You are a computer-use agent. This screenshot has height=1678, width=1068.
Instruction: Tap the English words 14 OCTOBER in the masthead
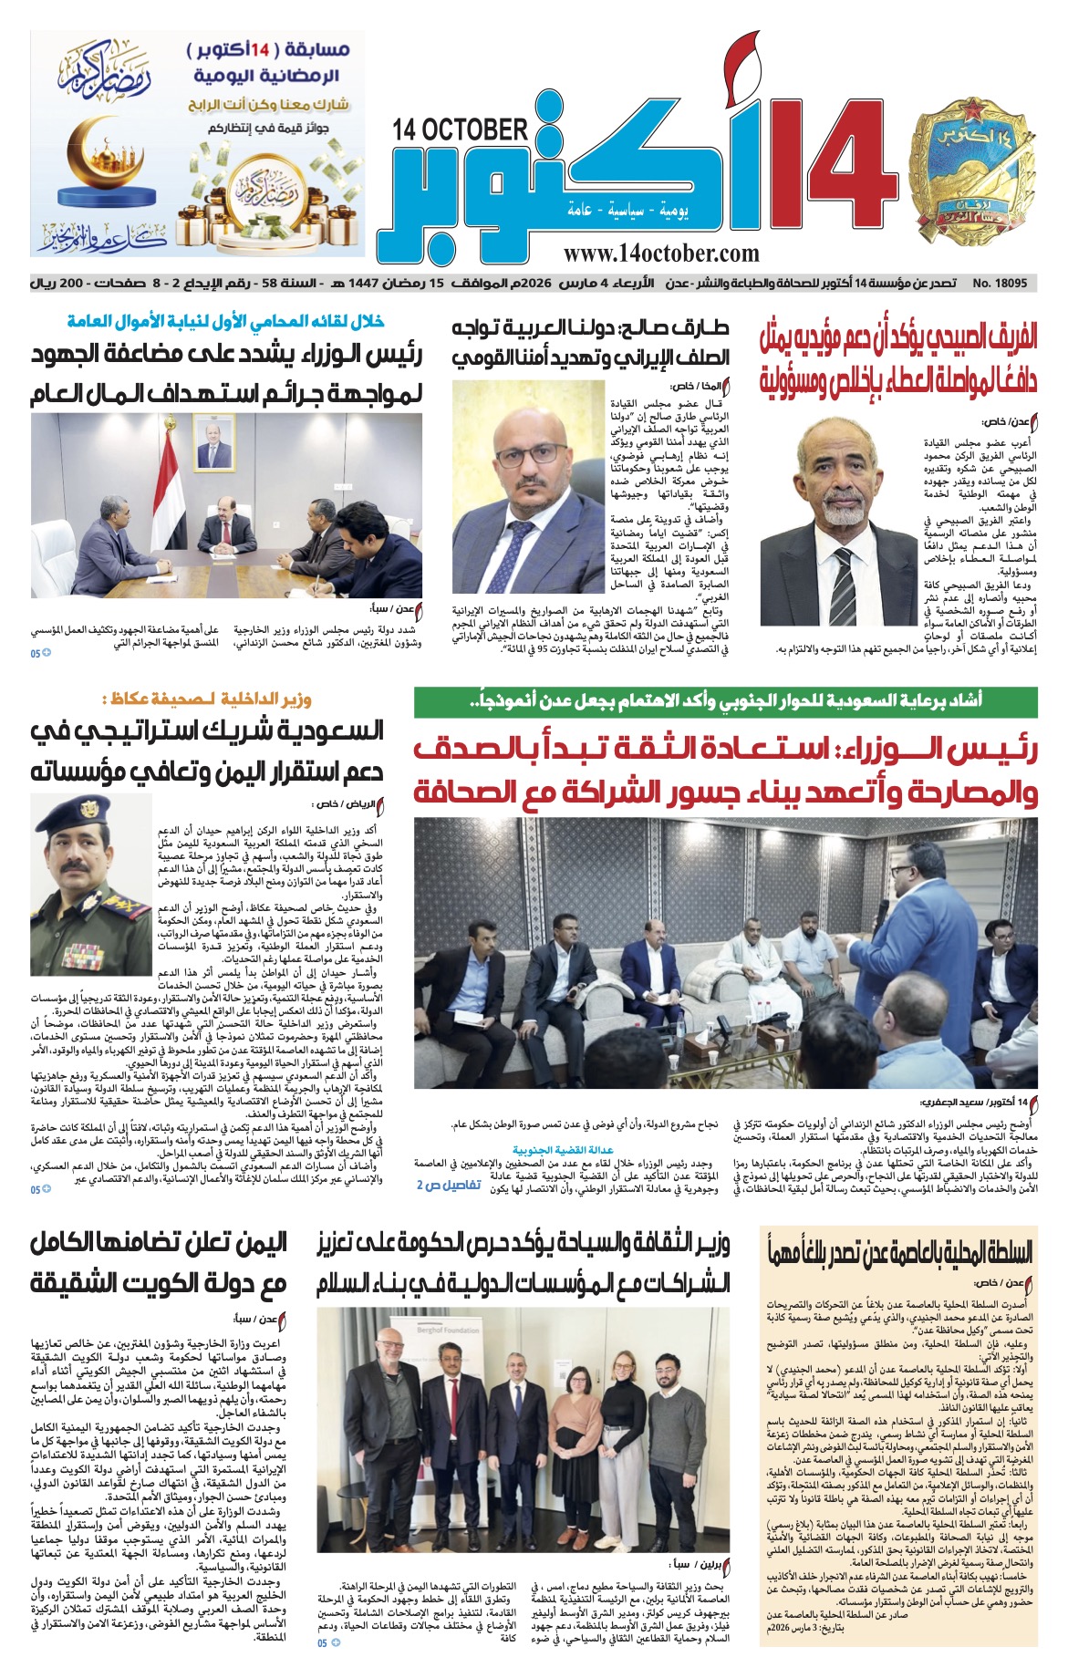click(461, 130)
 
